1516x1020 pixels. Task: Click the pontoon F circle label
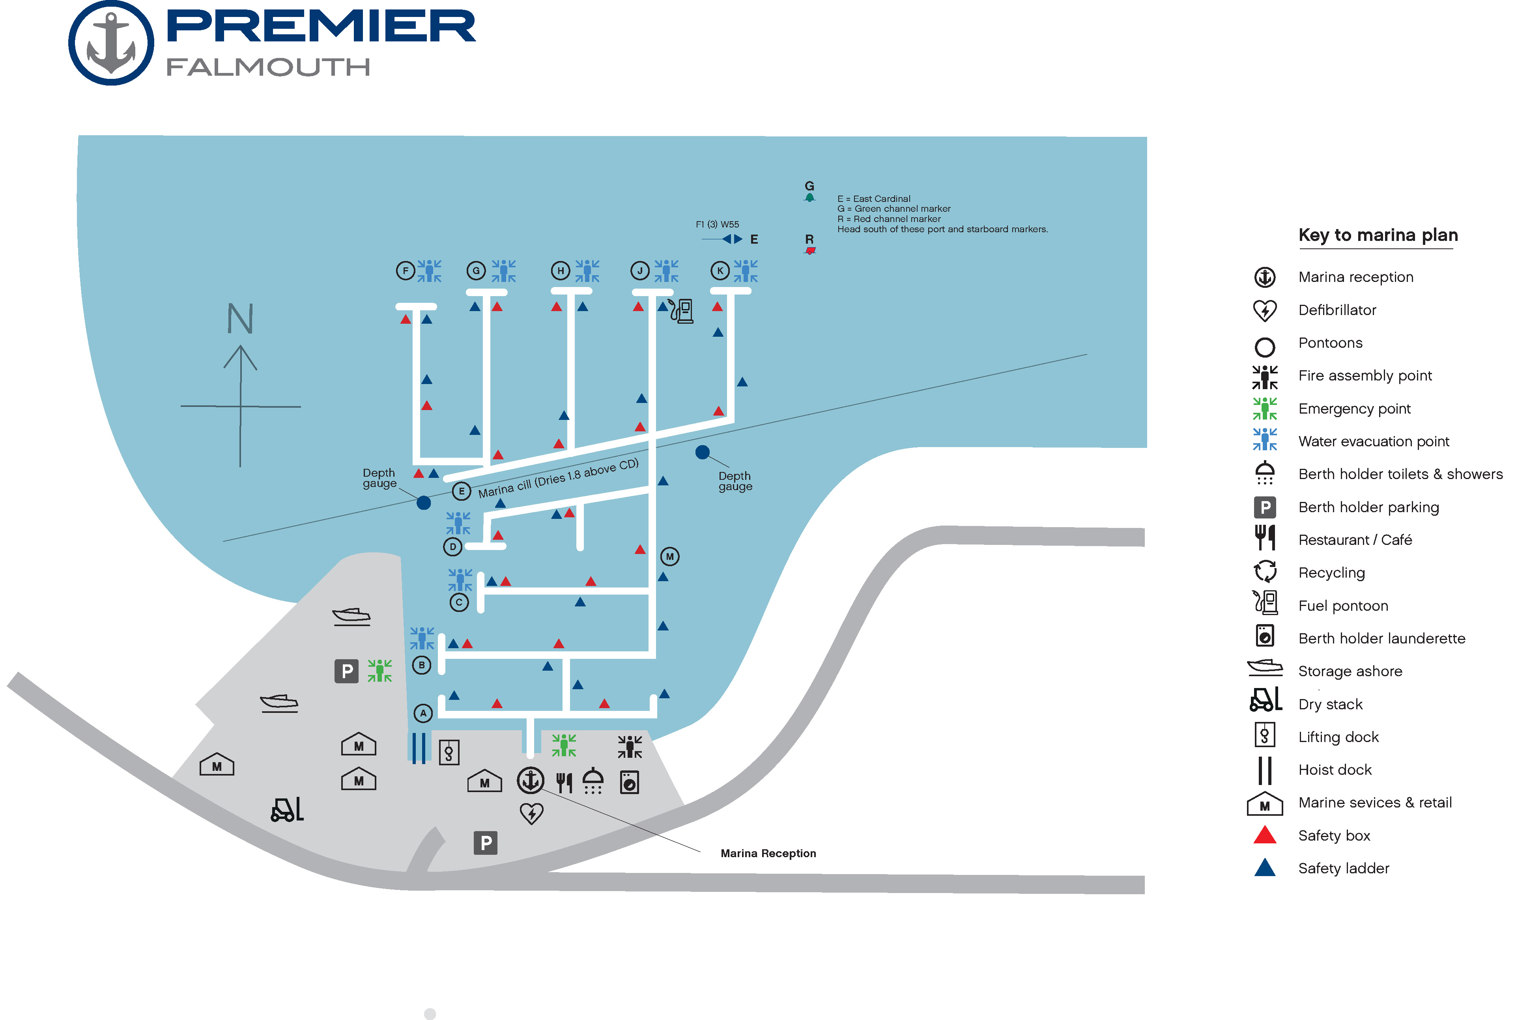[406, 270]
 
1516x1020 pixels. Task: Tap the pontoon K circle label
[720, 270]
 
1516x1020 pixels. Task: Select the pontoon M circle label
[669, 557]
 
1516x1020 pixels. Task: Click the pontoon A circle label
[423, 713]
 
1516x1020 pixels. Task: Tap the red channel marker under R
[810, 250]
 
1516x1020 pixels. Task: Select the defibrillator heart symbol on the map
[532, 813]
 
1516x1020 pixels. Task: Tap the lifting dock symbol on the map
[449, 753]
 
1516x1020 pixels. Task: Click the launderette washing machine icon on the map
[629, 782]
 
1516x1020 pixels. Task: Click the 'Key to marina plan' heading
[1378, 235]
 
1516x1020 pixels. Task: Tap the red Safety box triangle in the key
[1264, 835]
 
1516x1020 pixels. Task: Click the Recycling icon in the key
[1265, 572]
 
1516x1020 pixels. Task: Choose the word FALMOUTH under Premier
[268, 67]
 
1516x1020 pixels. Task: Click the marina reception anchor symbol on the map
[530, 780]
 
